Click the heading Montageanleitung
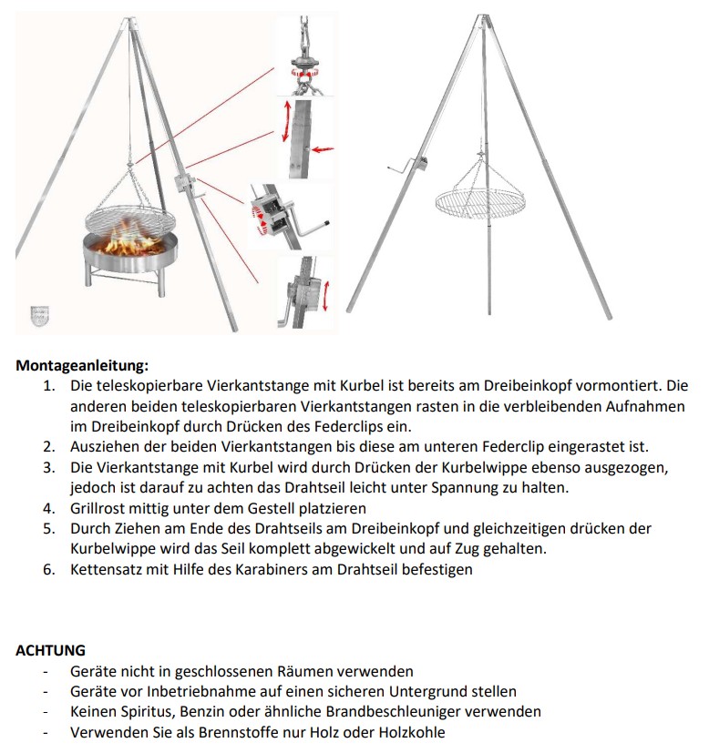pos(81,366)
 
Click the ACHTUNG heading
pos(51,650)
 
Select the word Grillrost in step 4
pos(99,508)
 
